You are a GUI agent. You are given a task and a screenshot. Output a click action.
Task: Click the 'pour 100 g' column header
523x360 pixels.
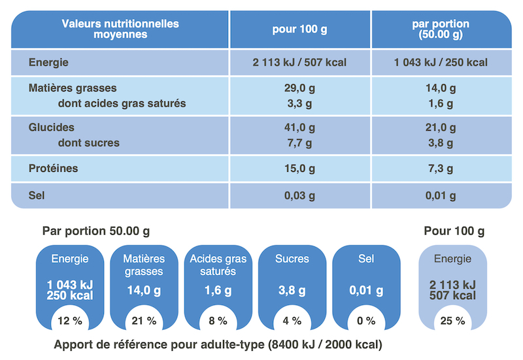[299, 29]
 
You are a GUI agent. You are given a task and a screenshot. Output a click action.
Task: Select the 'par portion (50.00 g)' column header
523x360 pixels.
[441, 29]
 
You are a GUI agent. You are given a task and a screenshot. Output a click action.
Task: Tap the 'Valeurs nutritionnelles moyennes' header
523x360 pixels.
[120, 29]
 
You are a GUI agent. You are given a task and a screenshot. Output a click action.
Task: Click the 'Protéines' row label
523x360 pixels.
[54, 169]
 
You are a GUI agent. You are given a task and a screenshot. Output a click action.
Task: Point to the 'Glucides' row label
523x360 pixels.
[52, 127]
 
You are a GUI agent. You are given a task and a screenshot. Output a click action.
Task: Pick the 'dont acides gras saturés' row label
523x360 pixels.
[122, 103]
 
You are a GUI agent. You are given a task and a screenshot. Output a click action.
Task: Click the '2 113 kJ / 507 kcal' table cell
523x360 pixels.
[299, 63]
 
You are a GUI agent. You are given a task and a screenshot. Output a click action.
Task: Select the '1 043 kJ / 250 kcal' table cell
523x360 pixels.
[441, 63]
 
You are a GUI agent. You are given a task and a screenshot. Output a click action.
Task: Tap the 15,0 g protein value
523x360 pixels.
[299, 169]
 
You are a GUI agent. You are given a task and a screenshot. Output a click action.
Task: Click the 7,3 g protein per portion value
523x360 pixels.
[441, 169]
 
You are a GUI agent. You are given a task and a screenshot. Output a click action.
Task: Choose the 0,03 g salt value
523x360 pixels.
[299, 195]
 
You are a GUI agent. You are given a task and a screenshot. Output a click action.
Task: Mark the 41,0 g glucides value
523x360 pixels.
[299, 127]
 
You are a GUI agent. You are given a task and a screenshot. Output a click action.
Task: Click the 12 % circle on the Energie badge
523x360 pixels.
[69, 321]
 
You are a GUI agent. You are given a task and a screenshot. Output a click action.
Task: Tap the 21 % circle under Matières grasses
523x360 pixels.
[144, 321]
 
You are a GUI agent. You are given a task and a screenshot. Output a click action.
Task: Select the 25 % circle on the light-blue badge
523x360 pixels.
[452, 321]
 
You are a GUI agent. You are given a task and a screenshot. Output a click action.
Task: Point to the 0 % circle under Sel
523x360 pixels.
[366, 321]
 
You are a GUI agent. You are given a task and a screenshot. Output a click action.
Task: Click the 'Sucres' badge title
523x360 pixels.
[292, 259]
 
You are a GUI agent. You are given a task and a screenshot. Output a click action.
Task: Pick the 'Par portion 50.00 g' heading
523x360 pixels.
[95, 231]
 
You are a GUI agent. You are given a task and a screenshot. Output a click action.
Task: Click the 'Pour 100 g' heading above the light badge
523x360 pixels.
[454, 231]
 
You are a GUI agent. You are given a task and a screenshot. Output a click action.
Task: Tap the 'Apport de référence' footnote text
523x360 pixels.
[218, 344]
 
